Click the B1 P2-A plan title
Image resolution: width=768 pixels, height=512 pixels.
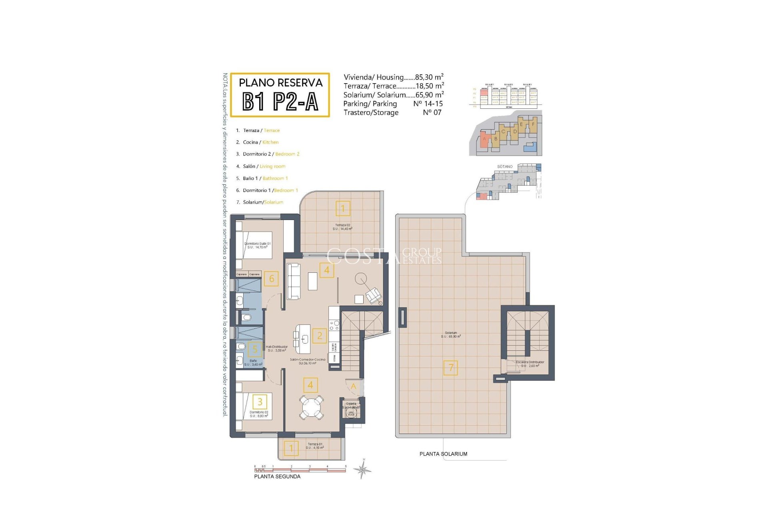(280, 101)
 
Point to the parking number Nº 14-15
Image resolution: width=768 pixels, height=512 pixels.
(428, 104)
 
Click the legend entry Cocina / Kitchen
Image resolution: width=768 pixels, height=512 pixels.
(260, 142)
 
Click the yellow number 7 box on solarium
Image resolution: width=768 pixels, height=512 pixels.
(451, 368)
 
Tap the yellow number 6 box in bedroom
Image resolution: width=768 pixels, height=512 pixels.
(272, 279)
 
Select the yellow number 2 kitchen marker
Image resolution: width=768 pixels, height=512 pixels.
(320, 336)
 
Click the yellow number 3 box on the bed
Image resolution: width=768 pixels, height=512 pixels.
(260, 402)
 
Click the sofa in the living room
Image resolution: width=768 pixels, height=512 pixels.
(294, 281)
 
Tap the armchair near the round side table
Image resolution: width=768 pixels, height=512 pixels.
(374, 295)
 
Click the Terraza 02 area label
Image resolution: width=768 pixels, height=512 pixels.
(342, 227)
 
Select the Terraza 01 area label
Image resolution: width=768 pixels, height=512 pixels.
(315, 446)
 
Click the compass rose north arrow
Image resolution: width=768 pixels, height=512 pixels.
(363, 469)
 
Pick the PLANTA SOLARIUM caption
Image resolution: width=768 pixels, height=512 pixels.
(443, 454)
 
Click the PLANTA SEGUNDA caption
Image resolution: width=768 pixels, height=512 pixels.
(277, 476)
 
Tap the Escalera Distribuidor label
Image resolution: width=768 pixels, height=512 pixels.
(530, 364)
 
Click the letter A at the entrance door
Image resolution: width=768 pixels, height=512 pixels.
(353, 386)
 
